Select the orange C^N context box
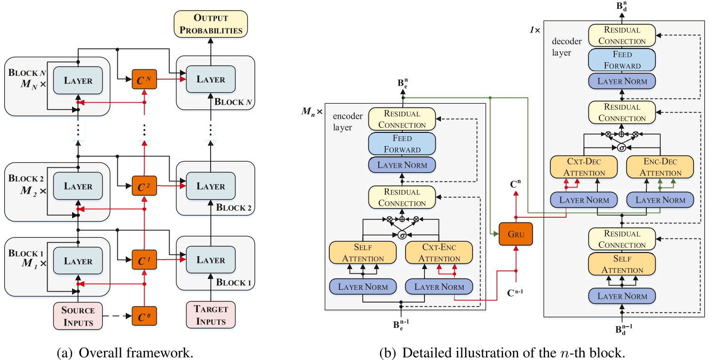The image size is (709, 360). (x=144, y=80)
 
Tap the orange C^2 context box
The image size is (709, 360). (x=144, y=186)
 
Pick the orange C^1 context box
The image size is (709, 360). (x=144, y=260)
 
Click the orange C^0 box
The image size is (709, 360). (x=144, y=315)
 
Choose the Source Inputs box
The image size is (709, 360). (x=78, y=315)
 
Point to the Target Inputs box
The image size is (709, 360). (x=211, y=315)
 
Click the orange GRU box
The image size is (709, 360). (x=516, y=234)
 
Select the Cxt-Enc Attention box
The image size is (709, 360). (x=439, y=253)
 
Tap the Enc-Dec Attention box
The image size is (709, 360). (x=660, y=167)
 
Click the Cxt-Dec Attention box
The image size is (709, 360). (x=584, y=167)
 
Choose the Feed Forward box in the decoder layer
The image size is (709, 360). (x=622, y=60)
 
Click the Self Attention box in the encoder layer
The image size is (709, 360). (x=362, y=253)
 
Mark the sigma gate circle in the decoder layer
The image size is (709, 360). (x=621, y=147)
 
